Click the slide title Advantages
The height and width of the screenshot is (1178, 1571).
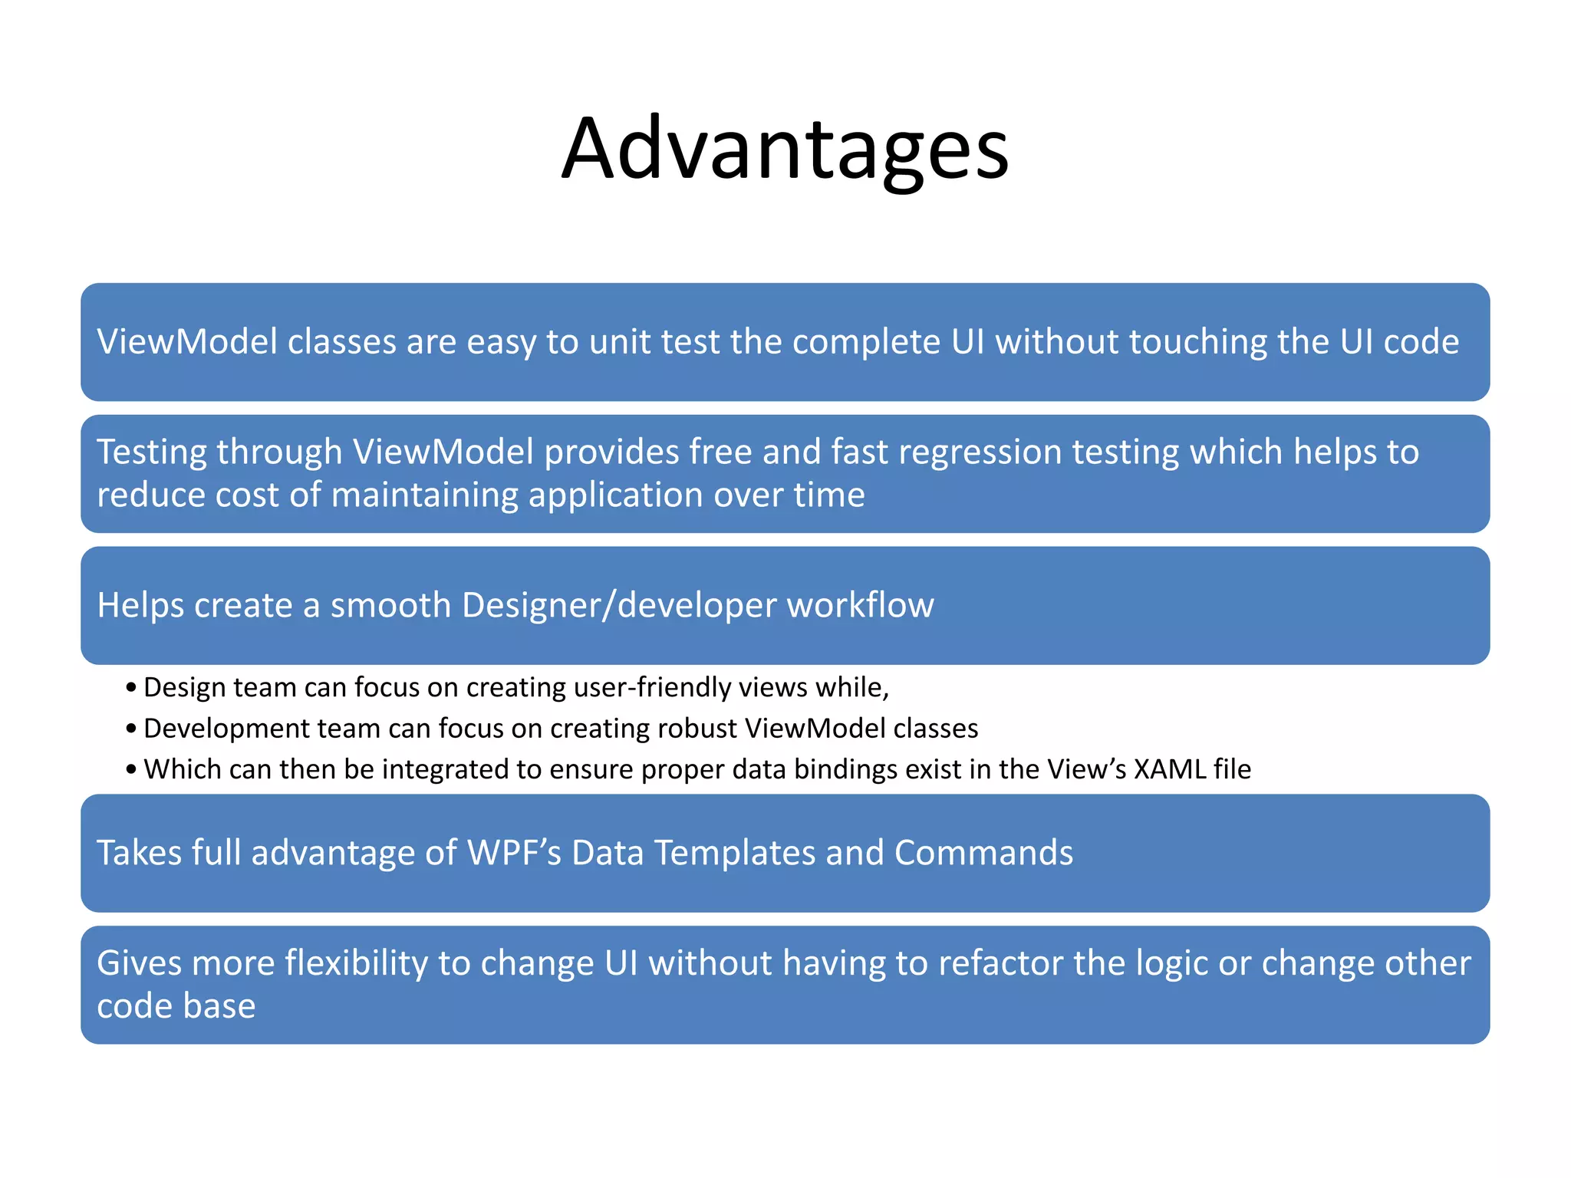[785, 149]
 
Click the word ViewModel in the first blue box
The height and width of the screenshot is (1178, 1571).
[186, 341]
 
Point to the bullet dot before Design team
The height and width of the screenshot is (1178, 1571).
[131, 688]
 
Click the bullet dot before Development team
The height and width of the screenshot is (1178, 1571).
[131, 729]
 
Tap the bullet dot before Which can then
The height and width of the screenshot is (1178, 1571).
[131, 769]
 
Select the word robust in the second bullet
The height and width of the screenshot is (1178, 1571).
[700, 728]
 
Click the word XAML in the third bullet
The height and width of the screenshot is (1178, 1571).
[1169, 768]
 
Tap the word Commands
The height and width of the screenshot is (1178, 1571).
[983, 853]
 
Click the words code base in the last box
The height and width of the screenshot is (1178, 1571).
[176, 1006]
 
